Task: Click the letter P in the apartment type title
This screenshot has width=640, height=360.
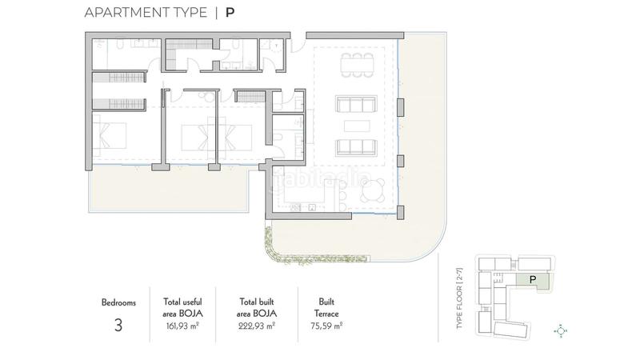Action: coord(230,13)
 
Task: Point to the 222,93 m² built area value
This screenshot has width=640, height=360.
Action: coord(258,326)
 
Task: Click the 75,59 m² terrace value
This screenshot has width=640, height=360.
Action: coord(326,326)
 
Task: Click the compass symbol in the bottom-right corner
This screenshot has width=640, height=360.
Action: coord(561,330)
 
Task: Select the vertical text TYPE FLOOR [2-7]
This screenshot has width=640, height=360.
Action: coord(460,300)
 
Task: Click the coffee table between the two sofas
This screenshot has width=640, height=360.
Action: coord(356,126)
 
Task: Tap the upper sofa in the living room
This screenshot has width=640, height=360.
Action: coord(356,104)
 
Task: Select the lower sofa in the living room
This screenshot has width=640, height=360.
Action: coord(356,147)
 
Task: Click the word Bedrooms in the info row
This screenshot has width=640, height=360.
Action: coord(118,303)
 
